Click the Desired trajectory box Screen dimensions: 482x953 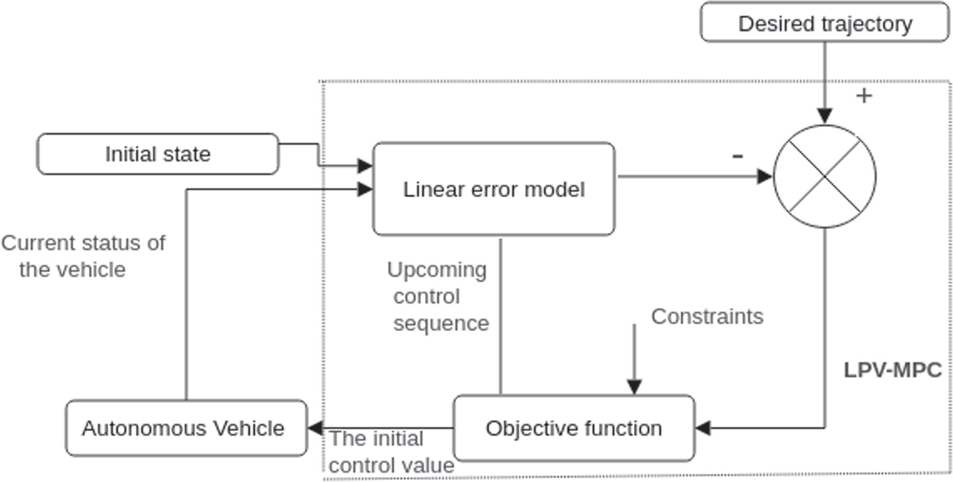pyautogui.click(x=825, y=23)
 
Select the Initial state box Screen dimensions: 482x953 pyautogui.click(x=158, y=154)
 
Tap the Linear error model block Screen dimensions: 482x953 pyautogui.click(x=493, y=189)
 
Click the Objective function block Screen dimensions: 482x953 pyautogui.click(x=573, y=428)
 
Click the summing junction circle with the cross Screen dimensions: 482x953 pyautogui.click(x=825, y=177)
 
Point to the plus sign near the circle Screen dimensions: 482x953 pyautogui.click(x=864, y=96)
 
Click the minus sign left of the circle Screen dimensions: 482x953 pyautogui.click(x=737, y=156)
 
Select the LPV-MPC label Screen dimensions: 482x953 pyautogui.click(x=892, y=370)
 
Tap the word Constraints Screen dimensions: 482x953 pyautogui.click(x=707, y=316)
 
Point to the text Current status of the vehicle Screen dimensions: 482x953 pyautogui.click(x=82, y=256)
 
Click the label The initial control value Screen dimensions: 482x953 pyautogui.click(x=391, y=452)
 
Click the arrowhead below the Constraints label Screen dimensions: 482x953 pyautogui.click(x=634, y=387)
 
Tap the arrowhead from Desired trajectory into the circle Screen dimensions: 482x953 pyautogui.click(x=825, y=116)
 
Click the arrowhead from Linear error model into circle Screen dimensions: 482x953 pyautogui.click(x=765, y=177)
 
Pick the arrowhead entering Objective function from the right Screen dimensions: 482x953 pyautogui.click(x=703, y=428)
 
